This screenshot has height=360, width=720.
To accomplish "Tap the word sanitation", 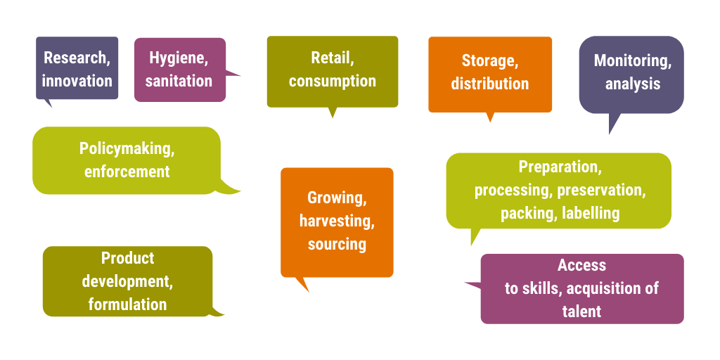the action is pos(179,82).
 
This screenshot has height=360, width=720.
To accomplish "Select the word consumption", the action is pos(333,82).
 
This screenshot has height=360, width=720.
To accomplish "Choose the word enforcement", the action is pos(127,172).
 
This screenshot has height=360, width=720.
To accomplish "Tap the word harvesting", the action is pos(337,221).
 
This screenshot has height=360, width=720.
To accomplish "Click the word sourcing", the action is pos(337,244).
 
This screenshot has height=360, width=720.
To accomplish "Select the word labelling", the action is pos(590,213).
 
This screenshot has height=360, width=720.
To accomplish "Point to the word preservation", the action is pos(602,190).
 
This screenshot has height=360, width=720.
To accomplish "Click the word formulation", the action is pos(128,304).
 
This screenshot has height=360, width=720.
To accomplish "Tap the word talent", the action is pos(581,311).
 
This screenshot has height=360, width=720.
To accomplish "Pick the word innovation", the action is pos(77,82).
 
